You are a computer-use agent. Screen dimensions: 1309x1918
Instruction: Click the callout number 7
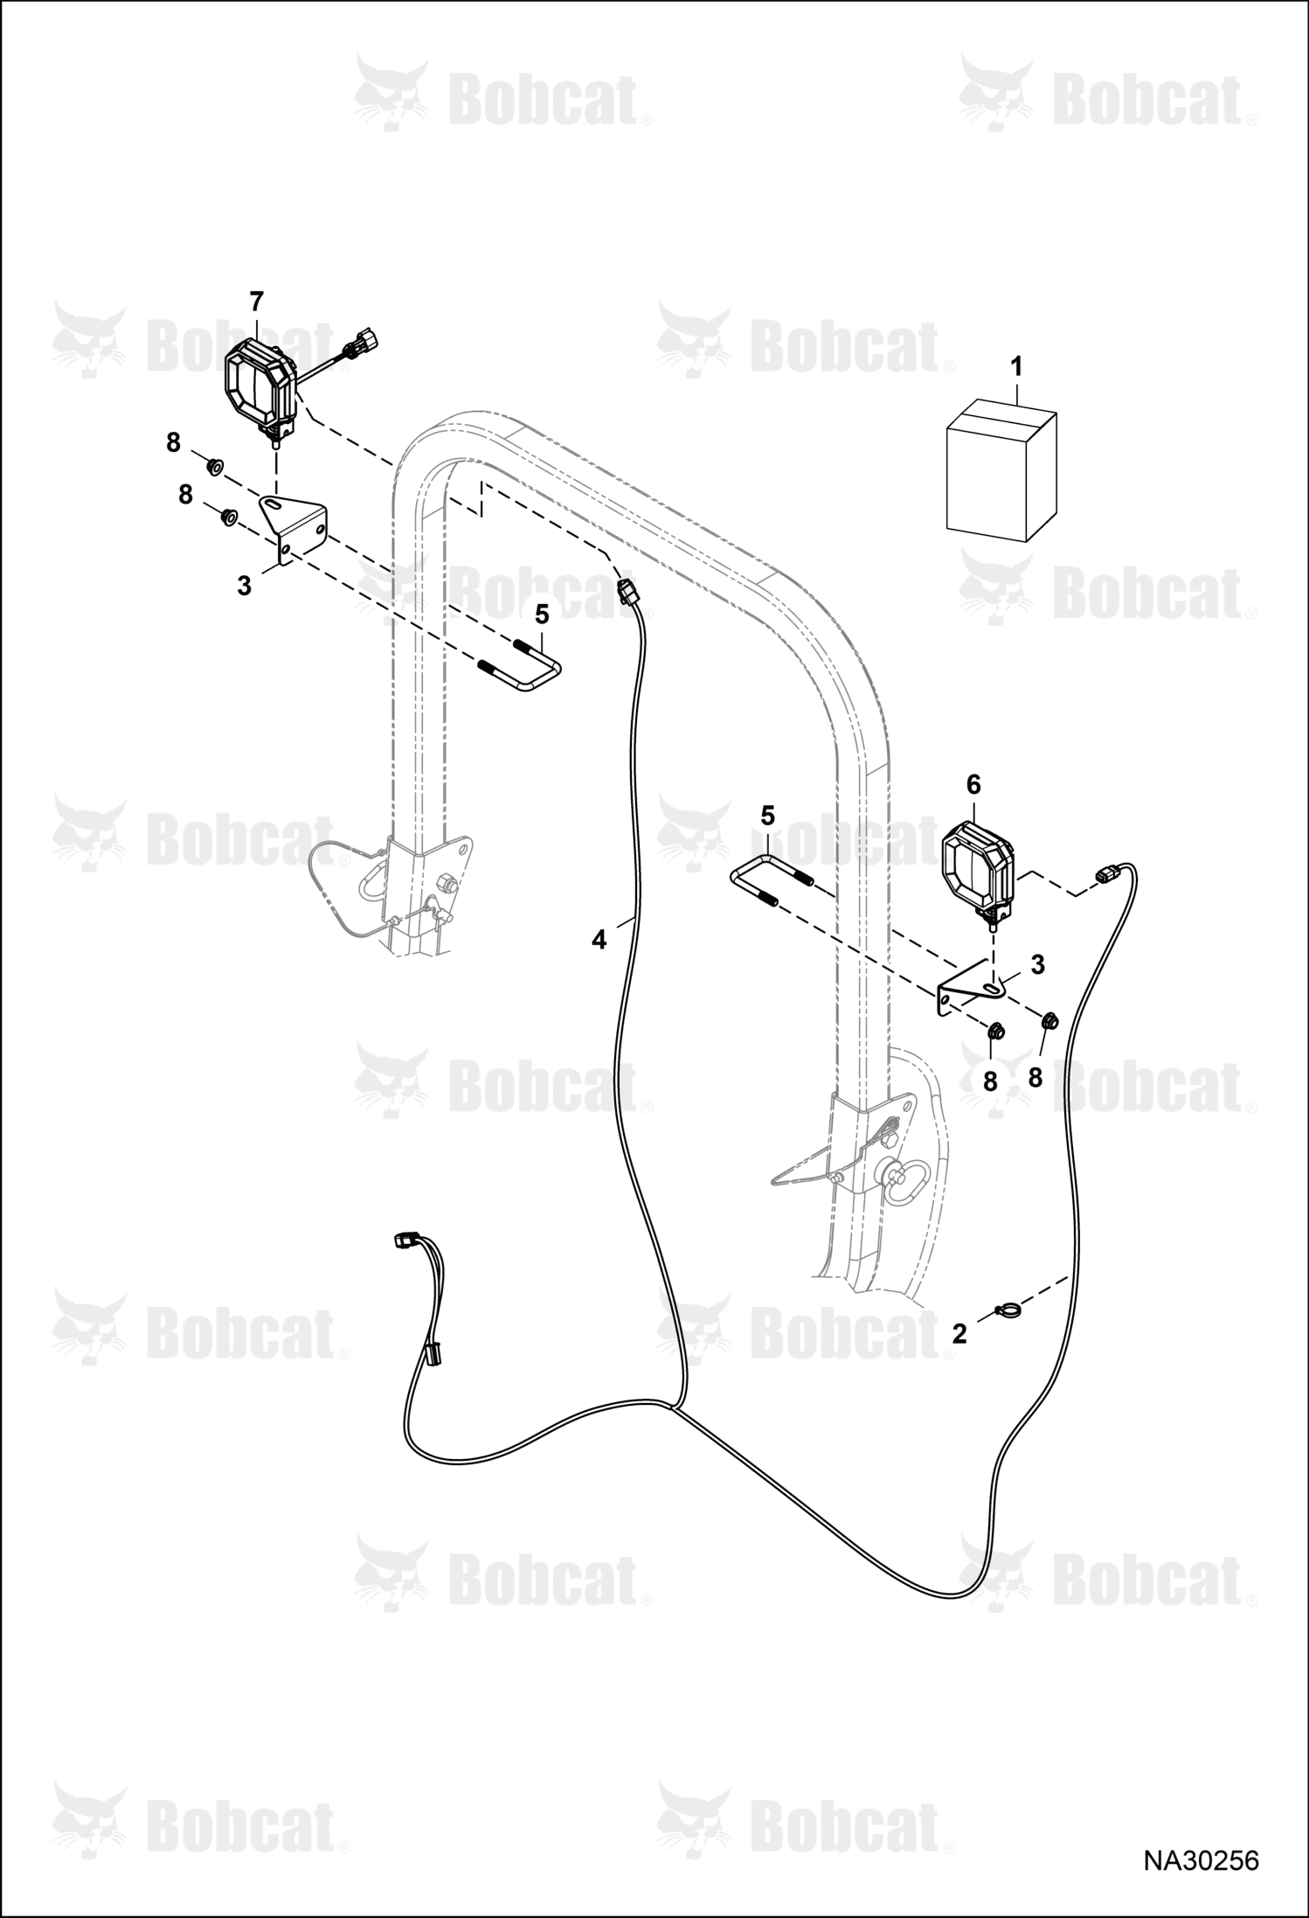pyautogui.click(x=256, y=302)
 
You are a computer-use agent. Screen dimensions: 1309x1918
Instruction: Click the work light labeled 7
pyautogui.click(x=263, y=389)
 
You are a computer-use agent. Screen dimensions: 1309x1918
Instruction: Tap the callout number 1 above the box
pyautogui.click(x=1016, y=367)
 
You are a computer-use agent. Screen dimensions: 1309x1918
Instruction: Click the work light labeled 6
pyautogui.click(x=977, y=870)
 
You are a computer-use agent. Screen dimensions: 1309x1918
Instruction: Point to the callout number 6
pyautogui.click(x=973, y=785)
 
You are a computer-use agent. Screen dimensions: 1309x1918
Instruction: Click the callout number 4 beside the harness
pyautogui.click(x=599, y=941)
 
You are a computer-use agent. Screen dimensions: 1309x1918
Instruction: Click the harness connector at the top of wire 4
pyautogui.click(x=627, y=591)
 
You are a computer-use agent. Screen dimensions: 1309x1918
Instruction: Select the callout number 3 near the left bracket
pyautogui.click(x=244, y=586)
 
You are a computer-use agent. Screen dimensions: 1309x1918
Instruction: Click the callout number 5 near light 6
pyautogui.click(x=767, y=816)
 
